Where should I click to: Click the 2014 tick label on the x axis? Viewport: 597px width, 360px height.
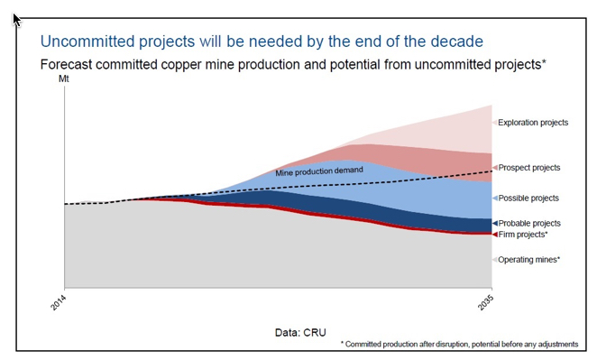57,304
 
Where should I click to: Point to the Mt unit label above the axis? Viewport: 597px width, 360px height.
63,79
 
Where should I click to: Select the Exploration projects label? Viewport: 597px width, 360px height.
533,122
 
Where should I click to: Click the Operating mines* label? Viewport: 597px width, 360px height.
528,260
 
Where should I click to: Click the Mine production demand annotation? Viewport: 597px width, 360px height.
319,171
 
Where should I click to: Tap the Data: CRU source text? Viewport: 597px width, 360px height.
301,332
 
